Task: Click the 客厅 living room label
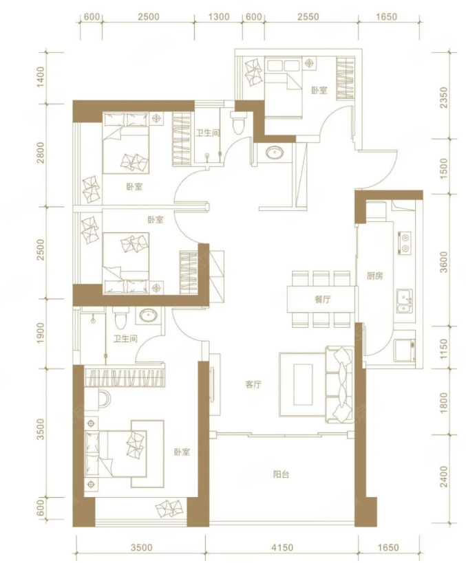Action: pos(253,384)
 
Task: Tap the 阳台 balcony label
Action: pos(281,474)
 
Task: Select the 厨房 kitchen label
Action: pos(374,276)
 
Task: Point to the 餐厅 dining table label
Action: pos(323,299)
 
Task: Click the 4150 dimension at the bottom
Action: pos(282,548)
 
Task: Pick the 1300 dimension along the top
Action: pos(219,17)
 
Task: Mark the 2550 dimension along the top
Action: pos(308,17)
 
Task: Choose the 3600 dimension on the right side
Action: pos(444,262)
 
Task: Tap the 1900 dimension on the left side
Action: pos(41,333)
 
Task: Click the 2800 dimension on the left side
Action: pos(41,153)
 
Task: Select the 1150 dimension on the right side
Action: pos(444,349)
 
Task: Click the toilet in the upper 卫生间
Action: pos(238,122)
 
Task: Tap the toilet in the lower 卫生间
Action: pos(120,317)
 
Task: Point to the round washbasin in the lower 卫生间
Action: pos(148,316)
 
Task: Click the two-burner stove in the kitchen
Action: pos(405,243)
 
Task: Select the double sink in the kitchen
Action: pos(405,300)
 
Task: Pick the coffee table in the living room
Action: pos(303,384)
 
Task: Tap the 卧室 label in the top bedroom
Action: pos(319,90)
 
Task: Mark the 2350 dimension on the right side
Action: pos(444,98)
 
